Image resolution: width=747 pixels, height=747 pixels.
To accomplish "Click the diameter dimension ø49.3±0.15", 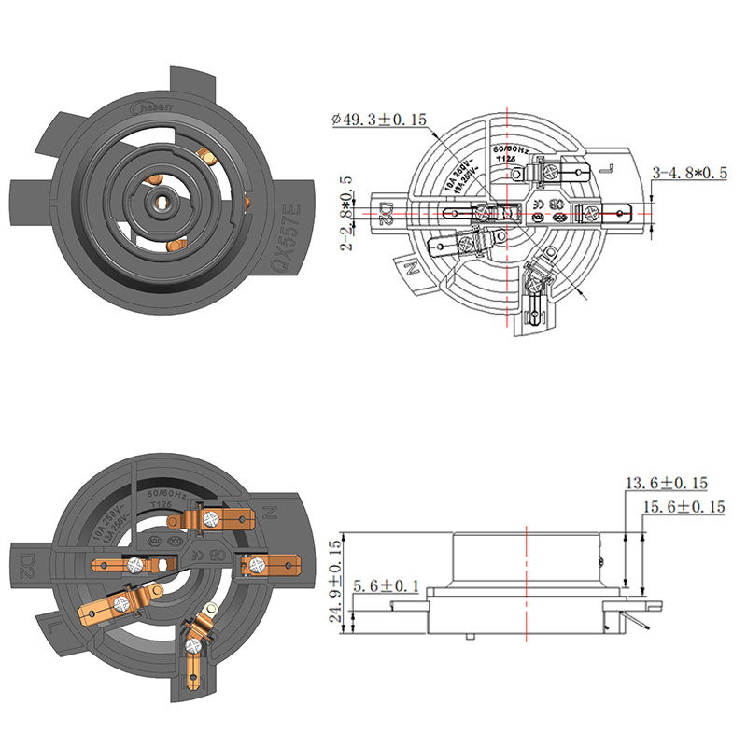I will point(379,120).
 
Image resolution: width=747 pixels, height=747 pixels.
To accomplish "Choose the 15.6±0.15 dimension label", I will point(684,506).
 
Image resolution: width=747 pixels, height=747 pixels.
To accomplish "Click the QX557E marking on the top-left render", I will point(286,241).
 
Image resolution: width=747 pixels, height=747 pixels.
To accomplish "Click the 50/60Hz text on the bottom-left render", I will point(168,491).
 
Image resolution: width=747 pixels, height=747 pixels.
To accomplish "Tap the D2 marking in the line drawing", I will point(385,215).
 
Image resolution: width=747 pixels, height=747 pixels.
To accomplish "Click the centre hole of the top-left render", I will point(162,199).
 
